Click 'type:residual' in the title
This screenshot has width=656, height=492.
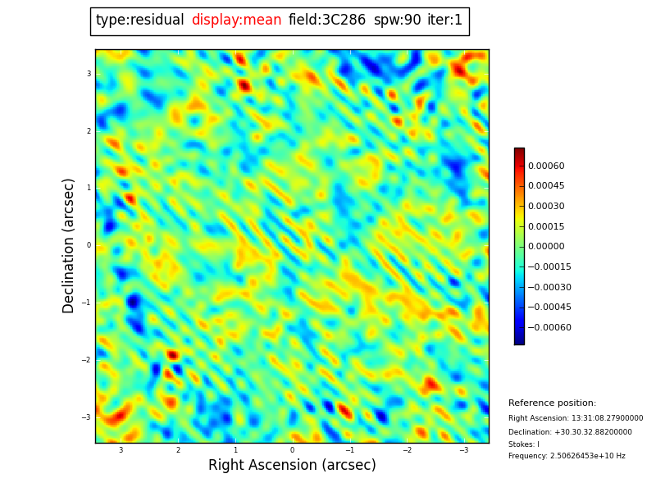click(x=139, y=20)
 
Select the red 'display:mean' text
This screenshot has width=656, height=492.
click(x=236, y=20)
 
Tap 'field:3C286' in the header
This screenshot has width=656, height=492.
click(x=327, y=20)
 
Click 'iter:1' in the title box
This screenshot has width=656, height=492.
click(x=444, y=20)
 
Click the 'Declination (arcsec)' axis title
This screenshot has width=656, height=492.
click(x=70, y=245)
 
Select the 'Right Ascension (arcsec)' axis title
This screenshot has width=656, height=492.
click(x=292, y=465)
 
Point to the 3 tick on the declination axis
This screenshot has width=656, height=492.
click(x=89, y=74)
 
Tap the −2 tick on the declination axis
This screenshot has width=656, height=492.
click(x=86, y=360)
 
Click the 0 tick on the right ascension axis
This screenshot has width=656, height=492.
click(x=292, y=450)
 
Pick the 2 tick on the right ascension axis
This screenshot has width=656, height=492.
click(x=178, y=450)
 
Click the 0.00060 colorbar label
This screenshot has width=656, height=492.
click(x=546, y=166)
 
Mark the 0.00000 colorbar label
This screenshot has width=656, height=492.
click(x=546, y=246)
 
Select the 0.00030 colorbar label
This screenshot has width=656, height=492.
click(x=546, y=206)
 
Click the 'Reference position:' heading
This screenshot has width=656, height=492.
click(x=552, y=403)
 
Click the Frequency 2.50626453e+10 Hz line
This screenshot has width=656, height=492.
click(x=567, y=456)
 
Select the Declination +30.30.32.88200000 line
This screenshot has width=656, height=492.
click(x=570, y=432)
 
